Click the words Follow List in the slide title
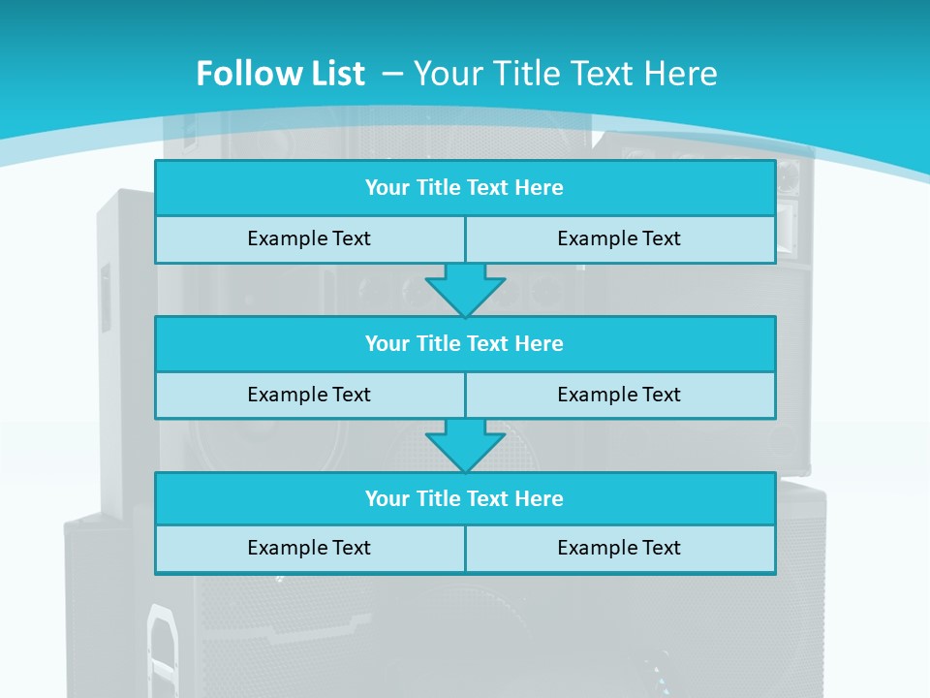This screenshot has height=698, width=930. tap(280, 74)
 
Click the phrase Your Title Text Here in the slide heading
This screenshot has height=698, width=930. tap(566, 74)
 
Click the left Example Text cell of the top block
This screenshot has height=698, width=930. tap(309, 238)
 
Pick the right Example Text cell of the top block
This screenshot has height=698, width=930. tap(619, 238)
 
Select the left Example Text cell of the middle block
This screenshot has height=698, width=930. tap(309, 395)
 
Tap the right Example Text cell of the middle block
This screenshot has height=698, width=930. tap(619, 395)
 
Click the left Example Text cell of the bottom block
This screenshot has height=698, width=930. tap(309, 548)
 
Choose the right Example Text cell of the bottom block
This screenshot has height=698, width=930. tap(619, 548)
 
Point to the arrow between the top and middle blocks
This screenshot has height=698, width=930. tap(465, 289)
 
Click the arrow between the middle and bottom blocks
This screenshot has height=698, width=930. tap(465, 445)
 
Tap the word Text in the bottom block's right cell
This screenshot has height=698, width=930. tap(660, 548)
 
